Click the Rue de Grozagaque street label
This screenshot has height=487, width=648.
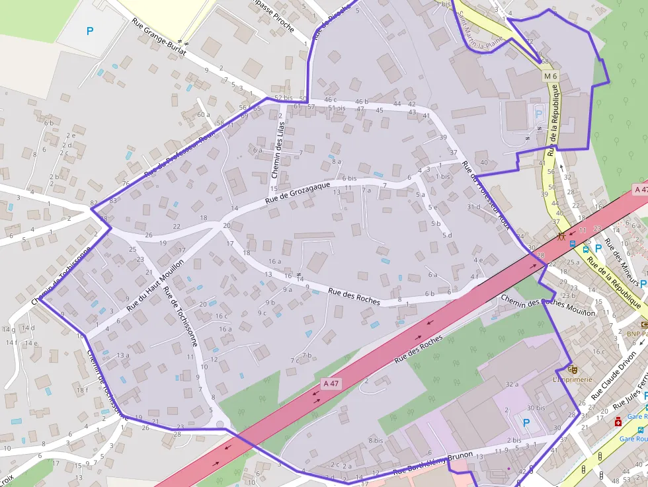pos(298,192)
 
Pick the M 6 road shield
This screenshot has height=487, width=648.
pos(551,77)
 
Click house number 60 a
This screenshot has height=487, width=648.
pos(203,115)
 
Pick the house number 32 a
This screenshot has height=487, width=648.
pos(511,384)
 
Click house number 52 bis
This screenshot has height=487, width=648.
pos(282,98)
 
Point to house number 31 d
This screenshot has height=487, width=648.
pos(473,207)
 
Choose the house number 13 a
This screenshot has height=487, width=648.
pos(123,356)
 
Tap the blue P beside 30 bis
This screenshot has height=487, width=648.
pos(526,422)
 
